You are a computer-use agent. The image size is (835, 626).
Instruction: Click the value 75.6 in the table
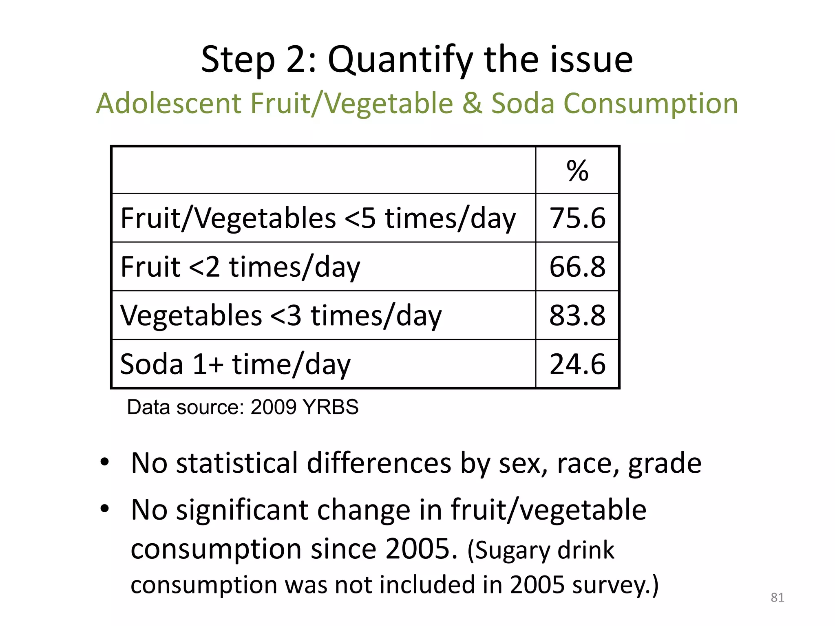(577, 218)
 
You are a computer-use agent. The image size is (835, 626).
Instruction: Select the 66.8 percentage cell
(577, 267)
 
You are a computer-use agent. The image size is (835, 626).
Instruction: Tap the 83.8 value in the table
(577, 315)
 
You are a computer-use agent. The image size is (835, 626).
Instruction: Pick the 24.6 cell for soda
(577, 364)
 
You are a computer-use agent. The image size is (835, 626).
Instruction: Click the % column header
(577, 171)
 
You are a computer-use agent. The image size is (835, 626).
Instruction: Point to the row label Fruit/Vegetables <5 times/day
(318, 218)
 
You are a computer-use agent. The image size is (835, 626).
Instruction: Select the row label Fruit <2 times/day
(240, 267)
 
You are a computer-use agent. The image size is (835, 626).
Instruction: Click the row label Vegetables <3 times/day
(281, 315)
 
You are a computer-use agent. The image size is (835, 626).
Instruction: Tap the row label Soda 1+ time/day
(235, 364)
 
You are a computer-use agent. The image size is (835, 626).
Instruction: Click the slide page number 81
(777, 597)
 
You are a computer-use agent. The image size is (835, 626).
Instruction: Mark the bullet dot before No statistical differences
(105, 462)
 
